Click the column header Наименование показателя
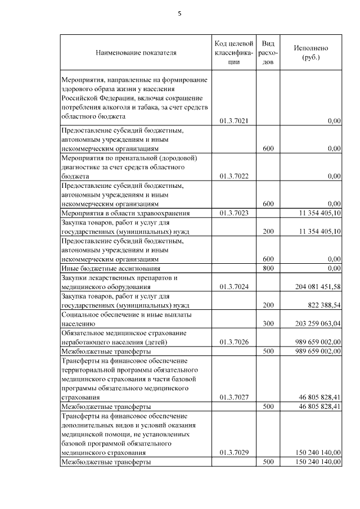[x=136, y=53]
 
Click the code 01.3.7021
[x=235, y=121]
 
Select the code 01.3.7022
[x=235, y=176]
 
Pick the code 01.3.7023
[x=235, y=213]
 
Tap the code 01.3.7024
[x=235, y=287]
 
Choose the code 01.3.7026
[x=235, y=341]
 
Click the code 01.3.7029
[x=235, y=452]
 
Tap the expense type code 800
[x=268, y=268]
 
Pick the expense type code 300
[x=268, y=324]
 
